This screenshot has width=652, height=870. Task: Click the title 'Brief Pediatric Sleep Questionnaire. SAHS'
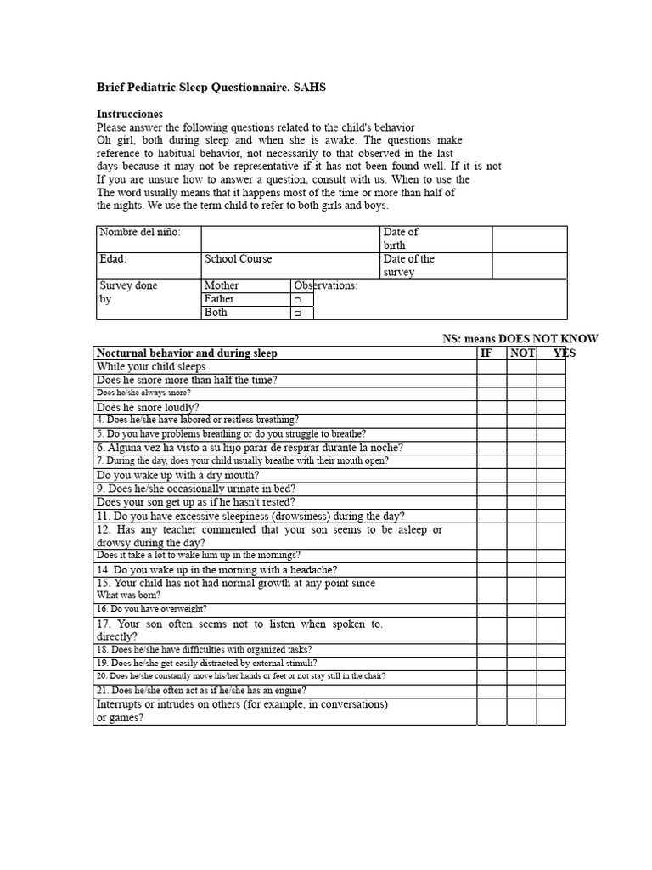click(211, 88)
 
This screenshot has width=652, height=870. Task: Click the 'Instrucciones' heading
click(130, 114)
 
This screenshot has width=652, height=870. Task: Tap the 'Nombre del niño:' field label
click(140, 232)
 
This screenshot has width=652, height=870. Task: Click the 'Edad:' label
click(113, 259)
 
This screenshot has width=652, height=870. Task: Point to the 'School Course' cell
click(239, 259)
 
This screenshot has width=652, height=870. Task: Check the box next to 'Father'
click(298, 300)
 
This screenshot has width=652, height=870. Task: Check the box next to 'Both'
click(298, 314)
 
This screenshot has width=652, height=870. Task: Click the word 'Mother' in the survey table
click(222, 285)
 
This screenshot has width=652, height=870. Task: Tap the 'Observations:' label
click(326, 285)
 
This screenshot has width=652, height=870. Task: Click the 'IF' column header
click(486, 353)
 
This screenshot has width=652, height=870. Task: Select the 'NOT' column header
click(522, 353)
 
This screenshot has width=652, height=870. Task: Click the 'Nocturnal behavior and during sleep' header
click(187, 353)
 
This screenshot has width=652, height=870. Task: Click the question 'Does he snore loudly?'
click(149, 407)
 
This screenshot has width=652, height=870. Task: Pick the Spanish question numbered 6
click(250, 448)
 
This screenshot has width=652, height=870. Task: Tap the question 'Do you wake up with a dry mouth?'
click(178, 475)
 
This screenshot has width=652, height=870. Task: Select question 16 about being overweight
click(151, 609)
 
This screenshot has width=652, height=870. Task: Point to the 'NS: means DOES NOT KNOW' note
click(520, 338)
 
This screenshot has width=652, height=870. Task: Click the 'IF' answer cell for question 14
click(491, 570)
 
